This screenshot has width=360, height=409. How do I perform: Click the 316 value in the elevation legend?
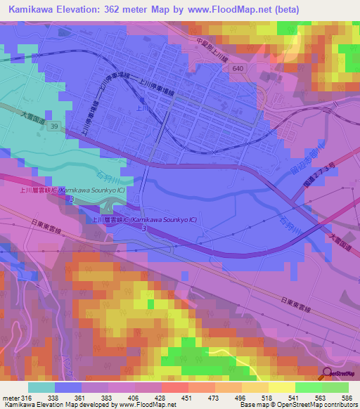[25, 398]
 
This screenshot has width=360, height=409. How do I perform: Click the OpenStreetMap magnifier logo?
[326, 374]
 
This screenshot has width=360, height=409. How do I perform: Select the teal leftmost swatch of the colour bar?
[41, 387]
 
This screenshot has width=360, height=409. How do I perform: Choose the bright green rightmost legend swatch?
[335, 387]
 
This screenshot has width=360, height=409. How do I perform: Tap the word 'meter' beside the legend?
[10, 398]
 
